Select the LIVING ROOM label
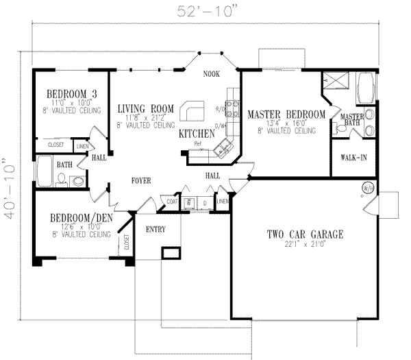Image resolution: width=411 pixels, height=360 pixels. [146, 108]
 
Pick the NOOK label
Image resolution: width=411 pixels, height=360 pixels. [211, 75]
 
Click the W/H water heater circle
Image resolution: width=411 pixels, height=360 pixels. [367, 187]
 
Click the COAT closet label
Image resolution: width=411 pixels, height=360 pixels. [171, 201]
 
